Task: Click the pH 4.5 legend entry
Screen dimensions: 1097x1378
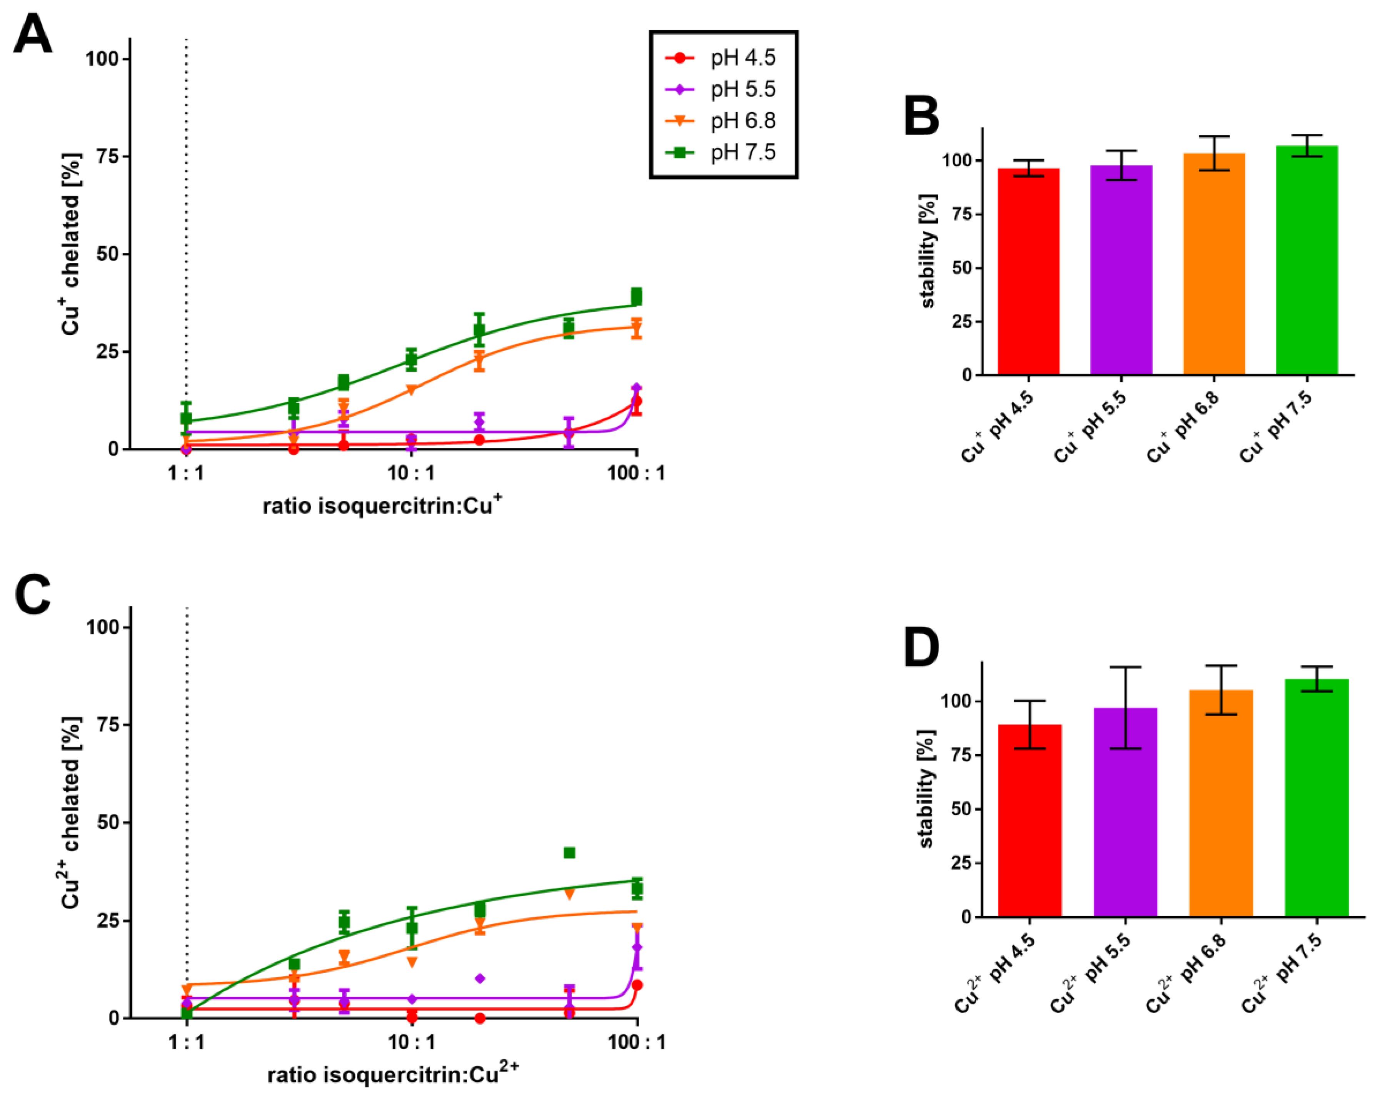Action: coord(722,58)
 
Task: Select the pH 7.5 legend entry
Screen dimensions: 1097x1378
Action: coord(722,152)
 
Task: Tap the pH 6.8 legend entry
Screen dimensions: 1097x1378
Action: coord(722,120)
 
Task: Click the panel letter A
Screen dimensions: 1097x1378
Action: coord(33,35)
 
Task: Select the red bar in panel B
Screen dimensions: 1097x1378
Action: coord(1028,272)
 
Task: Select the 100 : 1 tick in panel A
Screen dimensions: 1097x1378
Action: coord(636,473)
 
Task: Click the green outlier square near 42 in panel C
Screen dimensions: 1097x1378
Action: coord(569,853)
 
